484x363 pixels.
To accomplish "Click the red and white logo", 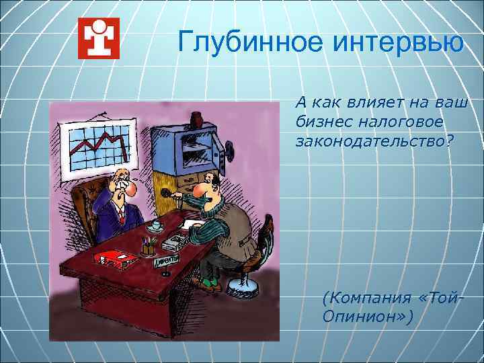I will click(x=98, y=38).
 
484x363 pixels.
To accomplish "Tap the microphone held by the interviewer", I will click(x=167, y=194).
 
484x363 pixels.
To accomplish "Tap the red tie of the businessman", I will click(x=121, y=215).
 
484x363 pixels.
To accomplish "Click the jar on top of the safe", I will click(x=197, y=120).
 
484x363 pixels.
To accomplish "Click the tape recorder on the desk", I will click(x=176, y=241).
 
